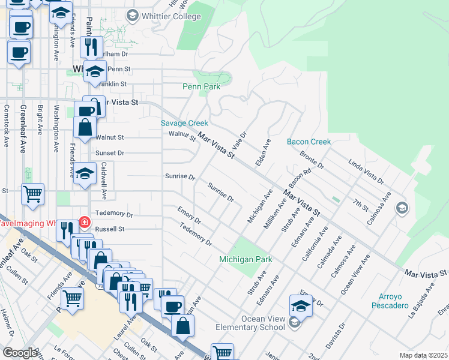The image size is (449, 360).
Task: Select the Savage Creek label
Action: [x=184, y=123]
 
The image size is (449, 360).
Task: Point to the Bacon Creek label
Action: [x=309, y=142]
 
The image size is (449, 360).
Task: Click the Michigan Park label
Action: [x=246, y=259]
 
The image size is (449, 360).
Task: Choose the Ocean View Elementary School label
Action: [x=263, y=323]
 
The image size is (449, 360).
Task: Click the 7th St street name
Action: [x=360, y=203]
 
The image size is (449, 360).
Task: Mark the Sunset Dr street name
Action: [x=110, y=153]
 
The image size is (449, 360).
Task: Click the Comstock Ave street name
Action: [x=7, y=126]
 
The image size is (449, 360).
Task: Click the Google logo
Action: [x=20, y=353]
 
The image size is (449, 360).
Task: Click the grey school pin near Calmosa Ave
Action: [x=400, y=208]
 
